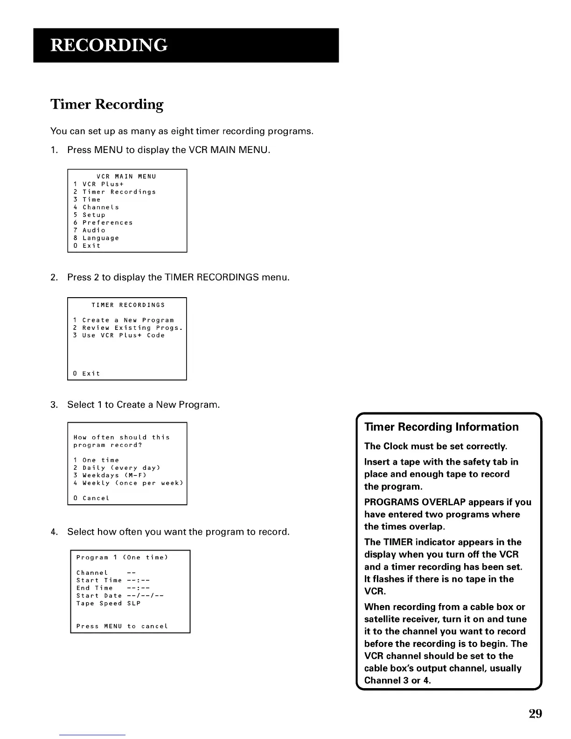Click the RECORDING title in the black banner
109,45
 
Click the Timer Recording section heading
107,104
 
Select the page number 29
535,713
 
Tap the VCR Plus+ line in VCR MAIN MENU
99,184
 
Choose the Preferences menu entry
103,223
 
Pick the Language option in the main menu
97,238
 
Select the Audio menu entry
90,230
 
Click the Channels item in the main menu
97,207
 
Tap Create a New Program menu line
124,320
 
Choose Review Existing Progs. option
128,328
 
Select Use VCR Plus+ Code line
119,335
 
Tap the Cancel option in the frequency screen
92,498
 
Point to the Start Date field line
120,596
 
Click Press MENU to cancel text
122,626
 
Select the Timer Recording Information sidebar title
441,427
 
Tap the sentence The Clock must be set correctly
435,446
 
